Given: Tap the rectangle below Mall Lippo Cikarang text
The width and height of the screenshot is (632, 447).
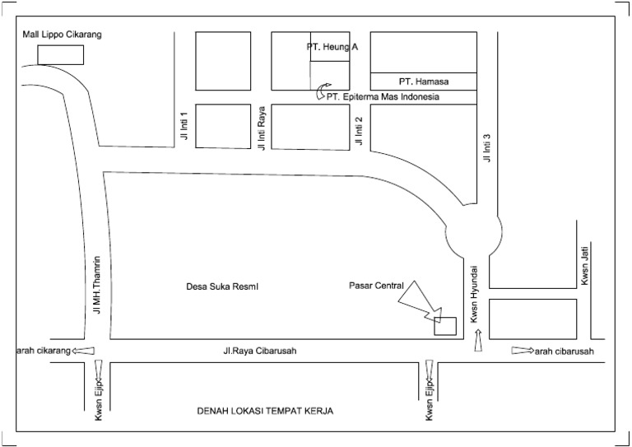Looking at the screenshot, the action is (61, 55).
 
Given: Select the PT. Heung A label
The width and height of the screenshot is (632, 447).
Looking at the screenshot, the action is (332, 48).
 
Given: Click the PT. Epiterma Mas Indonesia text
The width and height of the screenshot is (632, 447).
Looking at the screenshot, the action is (383, 97).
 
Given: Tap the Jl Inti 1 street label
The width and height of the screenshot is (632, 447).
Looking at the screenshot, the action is (185, 125).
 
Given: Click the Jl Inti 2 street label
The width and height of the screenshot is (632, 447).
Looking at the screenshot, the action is (359, 130).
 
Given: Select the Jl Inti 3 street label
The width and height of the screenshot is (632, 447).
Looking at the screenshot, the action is (487, 147).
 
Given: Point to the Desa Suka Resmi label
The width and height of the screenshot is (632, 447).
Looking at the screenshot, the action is (222, 286).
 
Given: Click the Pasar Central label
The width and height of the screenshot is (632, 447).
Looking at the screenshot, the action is (376, 286).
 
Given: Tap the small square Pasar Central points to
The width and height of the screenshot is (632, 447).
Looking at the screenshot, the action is (445, 326).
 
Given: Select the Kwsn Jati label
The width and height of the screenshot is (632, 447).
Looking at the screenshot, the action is (585, 269).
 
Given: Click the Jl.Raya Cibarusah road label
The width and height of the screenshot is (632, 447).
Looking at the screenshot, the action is (259, 352).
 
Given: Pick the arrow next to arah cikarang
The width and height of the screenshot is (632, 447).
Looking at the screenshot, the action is (82, 351).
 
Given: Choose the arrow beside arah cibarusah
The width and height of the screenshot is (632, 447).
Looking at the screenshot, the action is (522, 352).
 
